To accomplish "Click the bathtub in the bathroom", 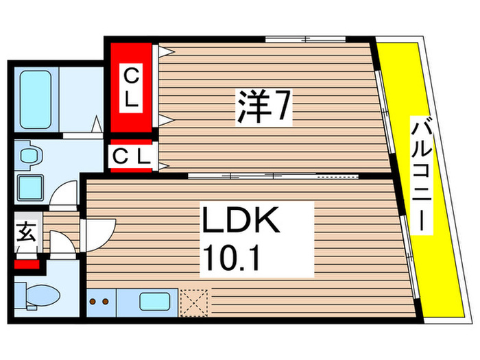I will tap(35, 99).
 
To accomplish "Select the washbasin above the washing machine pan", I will tap(29, 156).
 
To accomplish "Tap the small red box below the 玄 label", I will tap(28, 263).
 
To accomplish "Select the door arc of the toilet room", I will tap(61, 244).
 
